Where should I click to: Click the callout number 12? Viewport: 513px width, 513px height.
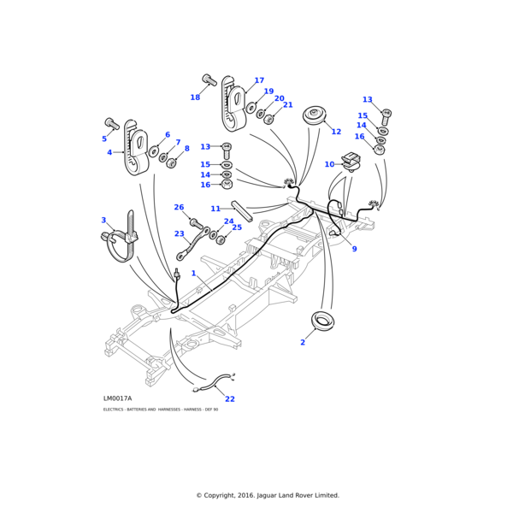coord(336,132)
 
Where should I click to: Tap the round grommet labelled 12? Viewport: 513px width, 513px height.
coord(316,115)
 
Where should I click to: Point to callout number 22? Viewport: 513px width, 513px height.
coord(230,398)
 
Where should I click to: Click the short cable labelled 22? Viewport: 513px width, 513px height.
coord(214,383)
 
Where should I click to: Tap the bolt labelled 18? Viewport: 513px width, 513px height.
coord(209,81)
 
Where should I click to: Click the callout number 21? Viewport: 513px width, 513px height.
coord(288,105)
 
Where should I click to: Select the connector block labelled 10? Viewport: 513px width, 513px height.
coord(349,161)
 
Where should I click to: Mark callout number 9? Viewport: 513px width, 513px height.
coord(354,249)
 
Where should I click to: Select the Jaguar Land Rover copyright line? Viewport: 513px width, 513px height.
coord(268,495)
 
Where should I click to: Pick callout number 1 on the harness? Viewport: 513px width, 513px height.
coord(193,274)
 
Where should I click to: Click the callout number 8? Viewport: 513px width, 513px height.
coord(186,149)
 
